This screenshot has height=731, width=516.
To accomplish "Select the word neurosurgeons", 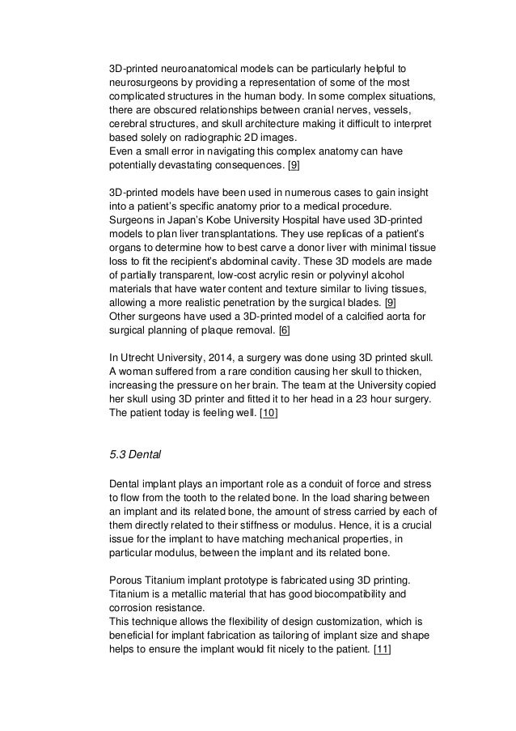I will click(x=147, y=83).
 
